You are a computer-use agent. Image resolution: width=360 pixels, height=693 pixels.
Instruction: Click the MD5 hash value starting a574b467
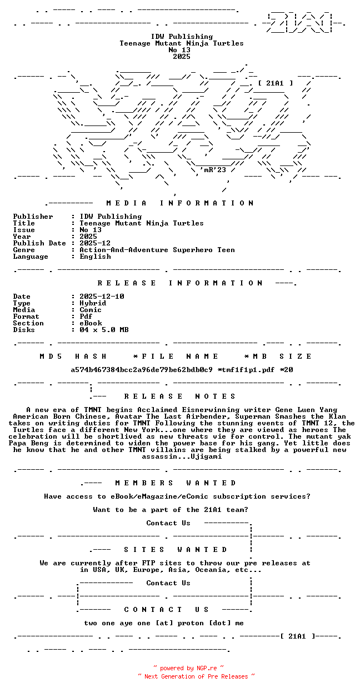pyautogui.click(x=141, y=370)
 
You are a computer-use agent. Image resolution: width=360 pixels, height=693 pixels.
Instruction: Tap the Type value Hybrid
pyautogui.click(x=93, y=303)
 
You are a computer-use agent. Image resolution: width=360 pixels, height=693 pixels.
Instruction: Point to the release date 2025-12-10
pyautogui.click(x=102, y=297)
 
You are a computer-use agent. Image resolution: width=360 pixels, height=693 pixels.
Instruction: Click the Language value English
pyautogui.click(x=95, y=257)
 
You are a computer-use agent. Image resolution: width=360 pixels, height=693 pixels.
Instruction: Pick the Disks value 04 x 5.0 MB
pyautogui.click(x=104, y=330)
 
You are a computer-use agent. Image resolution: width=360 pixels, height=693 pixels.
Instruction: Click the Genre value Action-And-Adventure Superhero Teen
pyautogui.click(x=157, y=250)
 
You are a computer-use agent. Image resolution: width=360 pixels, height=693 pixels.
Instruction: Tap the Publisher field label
pyautogui.click(x=33, y=217)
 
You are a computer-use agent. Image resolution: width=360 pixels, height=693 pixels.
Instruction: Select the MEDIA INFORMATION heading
pyautogui.click(x=180, y=203)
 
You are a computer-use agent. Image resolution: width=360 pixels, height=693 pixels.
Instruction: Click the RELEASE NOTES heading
pyautogui.click(x=180, y=396)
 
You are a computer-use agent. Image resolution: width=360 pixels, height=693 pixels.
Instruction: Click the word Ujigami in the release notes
pyautogui.click(x=206, y=456)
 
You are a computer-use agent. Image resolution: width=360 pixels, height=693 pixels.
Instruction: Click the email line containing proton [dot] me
pyautogui.click(x=164, y=623)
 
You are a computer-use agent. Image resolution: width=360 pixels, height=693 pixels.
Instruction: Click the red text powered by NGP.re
pyautogui.click(x=189, y=668)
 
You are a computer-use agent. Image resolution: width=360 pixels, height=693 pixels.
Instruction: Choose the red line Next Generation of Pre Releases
pyautogui.click(x=196, y=676)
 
